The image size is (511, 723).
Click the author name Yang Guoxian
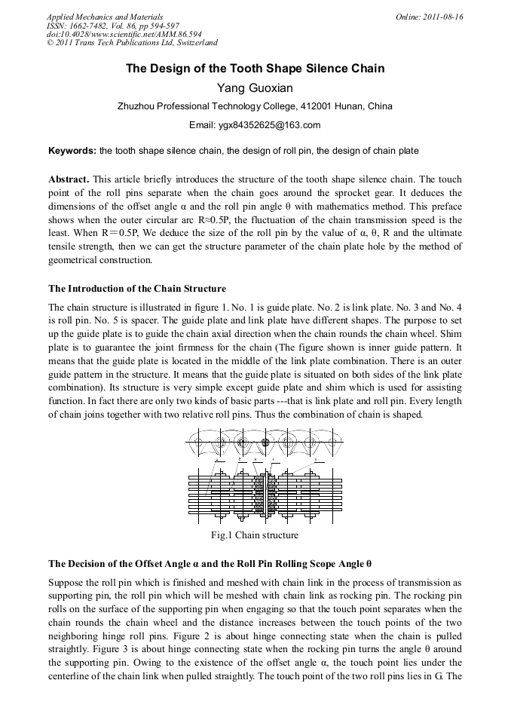(255, 87)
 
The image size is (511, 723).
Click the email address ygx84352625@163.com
(255, 125)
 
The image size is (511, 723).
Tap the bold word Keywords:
(72, 151)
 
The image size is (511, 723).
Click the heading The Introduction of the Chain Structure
(136, 289)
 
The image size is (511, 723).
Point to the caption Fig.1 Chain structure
(255, 535)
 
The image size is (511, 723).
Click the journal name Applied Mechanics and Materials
(105, 17)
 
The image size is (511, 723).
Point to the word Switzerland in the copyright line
(194, 44)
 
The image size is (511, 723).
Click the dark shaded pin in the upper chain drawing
(265, 442)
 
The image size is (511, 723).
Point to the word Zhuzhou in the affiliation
(137, 106)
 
